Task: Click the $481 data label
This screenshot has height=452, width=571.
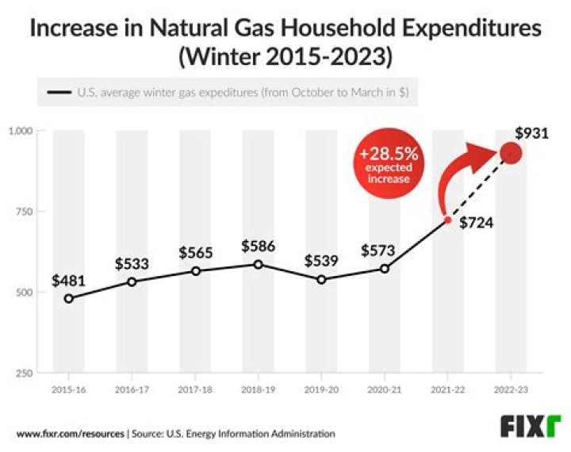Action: click(x=68, y=280)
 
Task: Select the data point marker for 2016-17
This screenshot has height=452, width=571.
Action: click(x=132, y=282)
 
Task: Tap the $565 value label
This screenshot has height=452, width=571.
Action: click(x=195, y=252)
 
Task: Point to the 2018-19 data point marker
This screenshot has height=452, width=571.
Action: click(x=258, y=264)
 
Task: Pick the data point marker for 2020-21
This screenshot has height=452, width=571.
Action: click(x=385, y=269)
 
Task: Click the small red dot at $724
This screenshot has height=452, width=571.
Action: click(x=448, y=220)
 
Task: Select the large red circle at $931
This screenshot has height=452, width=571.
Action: click(x=512, y=153)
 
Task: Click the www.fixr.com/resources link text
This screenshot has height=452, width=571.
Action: click(x=70, y=434)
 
